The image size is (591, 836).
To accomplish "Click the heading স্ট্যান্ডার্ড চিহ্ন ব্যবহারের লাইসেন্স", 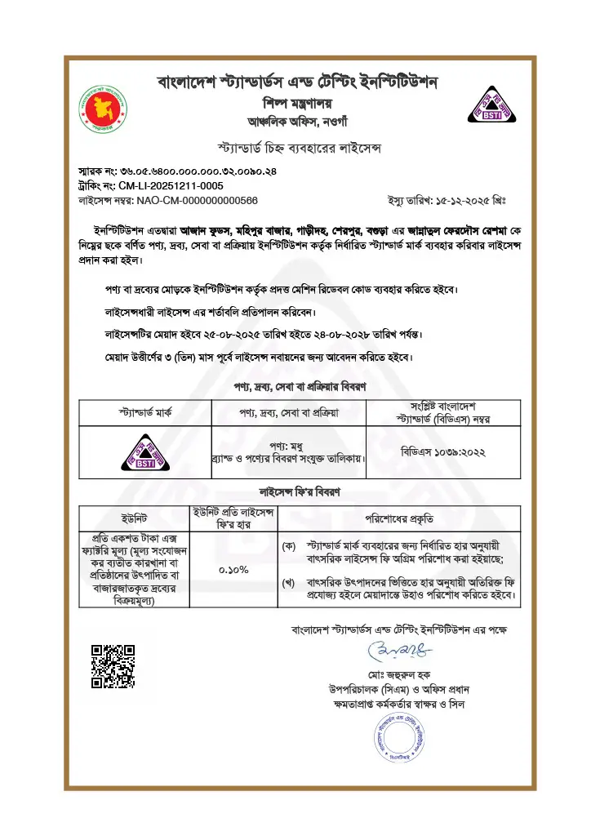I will point(296,149).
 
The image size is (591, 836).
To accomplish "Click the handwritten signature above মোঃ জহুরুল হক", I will point(398,651).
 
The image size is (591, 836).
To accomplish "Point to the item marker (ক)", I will point(288,544).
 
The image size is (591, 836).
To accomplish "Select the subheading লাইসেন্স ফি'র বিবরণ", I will point(296,493).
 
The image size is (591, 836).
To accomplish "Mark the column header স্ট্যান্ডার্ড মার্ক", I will point(144,412).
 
